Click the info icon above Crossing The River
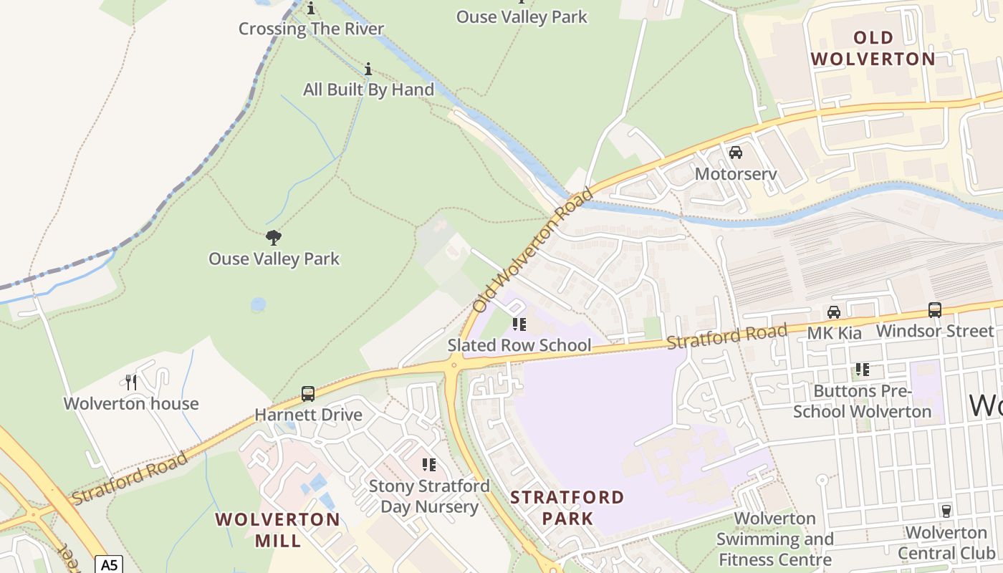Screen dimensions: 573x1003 [311, 9]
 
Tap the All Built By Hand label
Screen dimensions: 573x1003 [368, 90]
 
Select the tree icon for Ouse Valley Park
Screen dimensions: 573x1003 [273, 238]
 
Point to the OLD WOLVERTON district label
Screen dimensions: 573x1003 [873, 48]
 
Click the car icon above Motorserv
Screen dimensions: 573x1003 [736, 153]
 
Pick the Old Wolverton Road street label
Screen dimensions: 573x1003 [534, 250]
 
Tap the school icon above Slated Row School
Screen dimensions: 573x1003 [519, 325]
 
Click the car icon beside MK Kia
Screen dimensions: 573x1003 [834, 312]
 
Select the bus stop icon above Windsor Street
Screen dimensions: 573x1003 [935, 309]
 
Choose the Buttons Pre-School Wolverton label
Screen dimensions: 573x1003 [862, 401]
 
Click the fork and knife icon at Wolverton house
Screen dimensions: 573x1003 [131, 382]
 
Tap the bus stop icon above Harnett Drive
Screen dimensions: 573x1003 [308, 394]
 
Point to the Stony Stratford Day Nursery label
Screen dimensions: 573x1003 [429, 496]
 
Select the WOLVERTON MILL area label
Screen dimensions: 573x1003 [278, 529]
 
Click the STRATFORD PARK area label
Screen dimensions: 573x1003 [567, 507]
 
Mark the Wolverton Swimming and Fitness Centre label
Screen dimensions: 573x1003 [774, 539]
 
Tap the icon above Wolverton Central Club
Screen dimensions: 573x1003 [946, 511]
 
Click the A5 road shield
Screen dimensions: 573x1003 [109, 565]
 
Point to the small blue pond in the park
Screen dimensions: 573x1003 [258, 304]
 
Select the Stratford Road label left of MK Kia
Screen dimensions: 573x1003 [726, 336]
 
